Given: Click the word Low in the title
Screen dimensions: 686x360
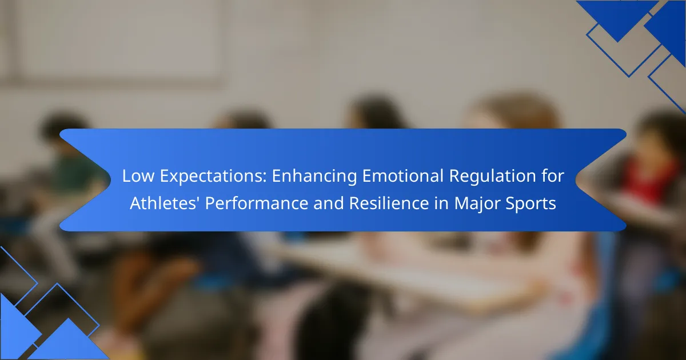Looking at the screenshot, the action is pos(138,176).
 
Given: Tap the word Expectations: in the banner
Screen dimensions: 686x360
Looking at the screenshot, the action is pos(213,177).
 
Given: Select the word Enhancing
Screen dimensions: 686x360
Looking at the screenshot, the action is pos(314,177).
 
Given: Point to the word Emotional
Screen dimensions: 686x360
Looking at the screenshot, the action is pos(403,176).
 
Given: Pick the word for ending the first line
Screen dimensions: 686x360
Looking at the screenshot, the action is pos(553,176).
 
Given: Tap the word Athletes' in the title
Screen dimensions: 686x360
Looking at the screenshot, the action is pos(165,203).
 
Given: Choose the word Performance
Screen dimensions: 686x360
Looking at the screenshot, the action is pos(257,203).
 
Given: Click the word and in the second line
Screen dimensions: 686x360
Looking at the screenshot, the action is pos(329,203).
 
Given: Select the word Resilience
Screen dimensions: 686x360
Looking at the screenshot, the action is pos(389,203).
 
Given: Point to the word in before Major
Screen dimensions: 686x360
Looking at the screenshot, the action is pos(441,203).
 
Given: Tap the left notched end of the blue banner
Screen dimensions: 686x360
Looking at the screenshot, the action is pos(86,180).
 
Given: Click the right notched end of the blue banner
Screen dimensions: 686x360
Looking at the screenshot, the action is pos(600,180).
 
